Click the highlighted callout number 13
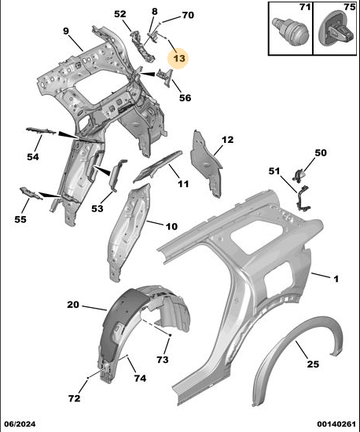[x=179, y=58]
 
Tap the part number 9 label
[x=65, y=31]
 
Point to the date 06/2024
[x=20, y=423]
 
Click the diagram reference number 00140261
[x=336, y=423]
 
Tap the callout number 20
[x=73, y=305]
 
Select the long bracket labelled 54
[x=41, y=131]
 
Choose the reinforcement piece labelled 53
[x=117, y=174]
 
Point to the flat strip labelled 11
[x=157, y=167]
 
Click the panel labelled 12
[x=205, y=163]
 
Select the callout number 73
[x=163, y=359]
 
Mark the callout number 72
[x=75, y=398]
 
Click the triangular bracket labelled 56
[x=165, y=78]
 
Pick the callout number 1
[x=336, y=279]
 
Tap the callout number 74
[x=140, y=378]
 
